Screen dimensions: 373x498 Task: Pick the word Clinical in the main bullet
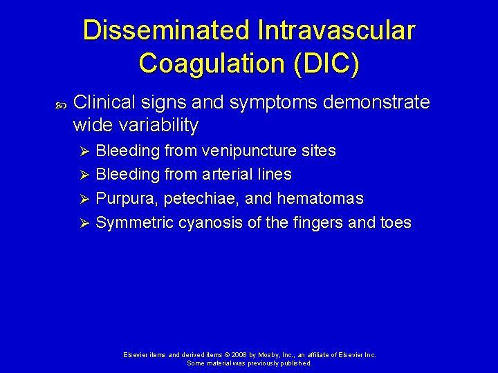point(103,102)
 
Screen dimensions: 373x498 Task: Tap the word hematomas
point(320,198)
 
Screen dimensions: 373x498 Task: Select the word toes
point(396,222)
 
